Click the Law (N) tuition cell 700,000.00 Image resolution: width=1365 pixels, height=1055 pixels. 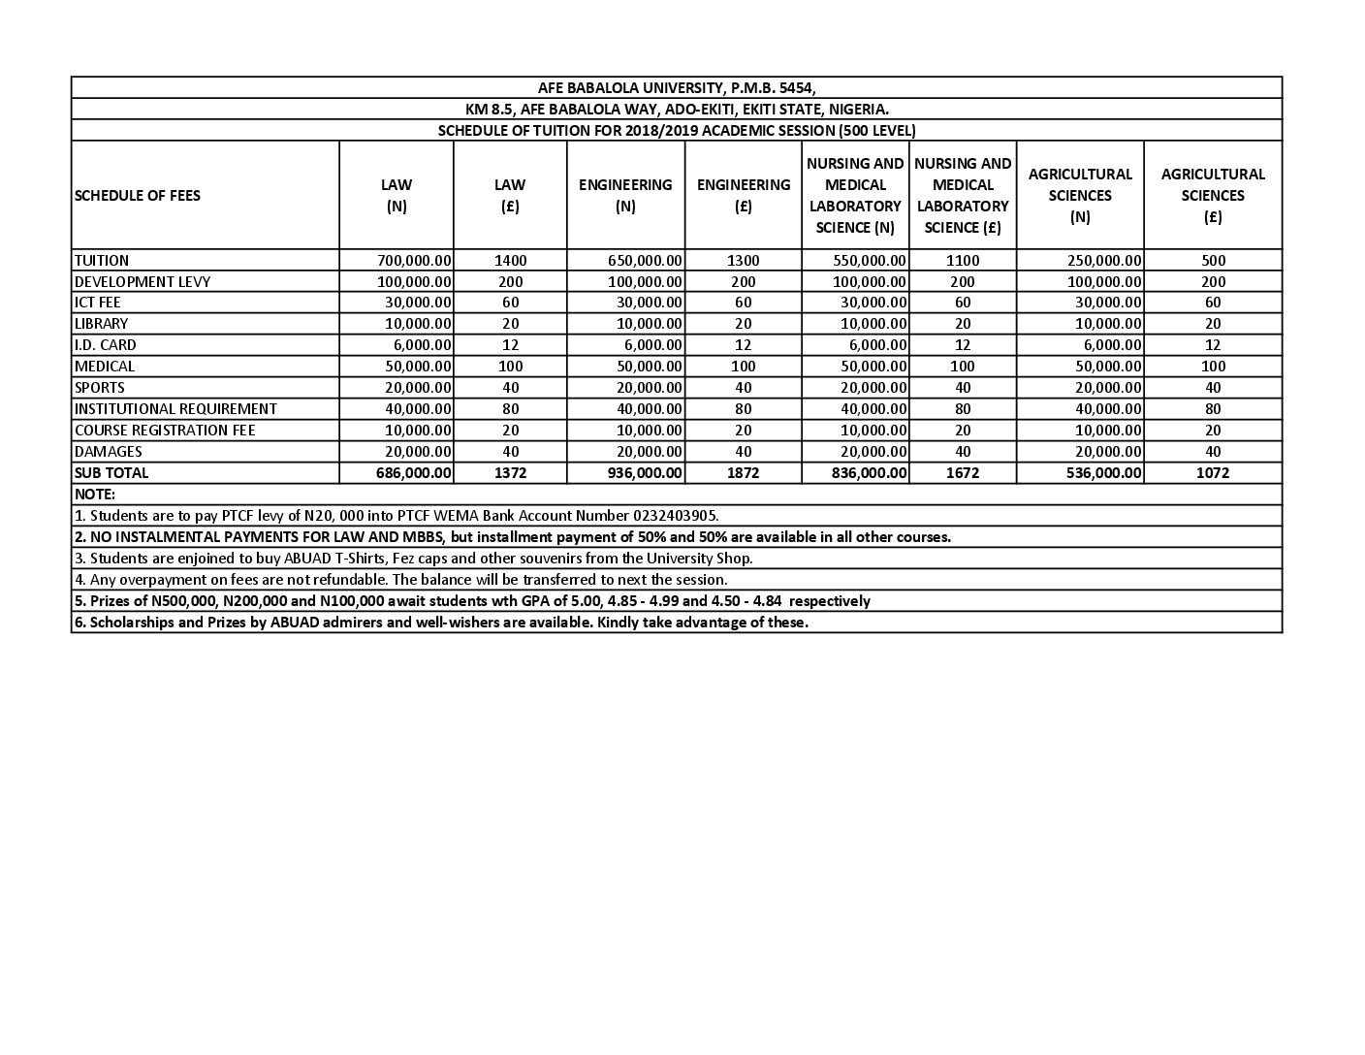point(414,260)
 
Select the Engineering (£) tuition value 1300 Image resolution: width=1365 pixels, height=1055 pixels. point(744,260)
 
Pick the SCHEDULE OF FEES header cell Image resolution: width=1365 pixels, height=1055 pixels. point(137,195)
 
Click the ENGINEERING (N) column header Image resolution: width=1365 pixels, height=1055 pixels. point(625,195)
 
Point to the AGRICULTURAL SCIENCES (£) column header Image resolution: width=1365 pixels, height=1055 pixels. point(1213,195)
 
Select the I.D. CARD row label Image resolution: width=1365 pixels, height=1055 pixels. point(106,345)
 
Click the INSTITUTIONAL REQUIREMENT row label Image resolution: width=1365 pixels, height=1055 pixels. point(175,409)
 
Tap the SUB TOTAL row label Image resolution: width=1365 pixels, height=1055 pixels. point(111,473)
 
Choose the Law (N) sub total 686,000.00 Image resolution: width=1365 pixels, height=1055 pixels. point(414,473)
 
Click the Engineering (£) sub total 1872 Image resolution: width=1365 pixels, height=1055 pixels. point(744,473)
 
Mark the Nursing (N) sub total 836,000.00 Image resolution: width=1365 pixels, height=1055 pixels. point(870,473)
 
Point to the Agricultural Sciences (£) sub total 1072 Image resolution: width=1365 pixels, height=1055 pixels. point(1213,473)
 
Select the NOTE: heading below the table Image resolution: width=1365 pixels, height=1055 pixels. point(94,495)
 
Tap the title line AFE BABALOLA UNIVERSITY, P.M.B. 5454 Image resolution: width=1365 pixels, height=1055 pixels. point(677,87)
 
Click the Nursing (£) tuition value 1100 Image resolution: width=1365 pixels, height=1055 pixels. point(963,260)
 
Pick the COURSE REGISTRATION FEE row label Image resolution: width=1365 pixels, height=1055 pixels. point(165,431)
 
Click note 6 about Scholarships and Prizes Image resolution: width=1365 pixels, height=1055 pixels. point(441,623)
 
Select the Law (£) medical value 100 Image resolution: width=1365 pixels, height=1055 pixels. point(511,367)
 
